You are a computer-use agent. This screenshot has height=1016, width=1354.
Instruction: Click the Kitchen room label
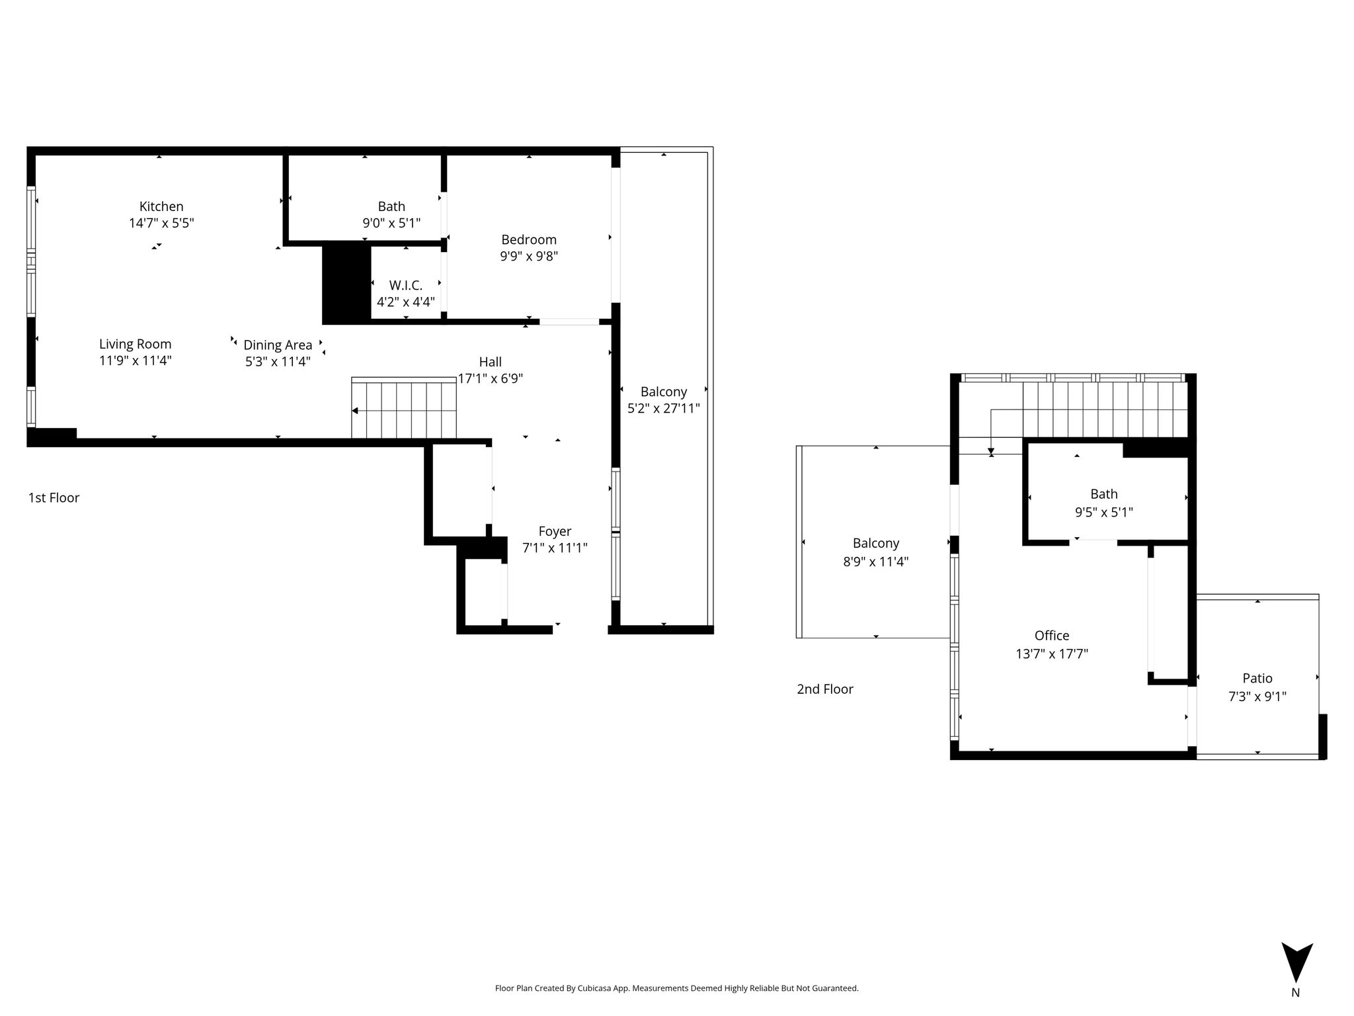[x=161, y=206]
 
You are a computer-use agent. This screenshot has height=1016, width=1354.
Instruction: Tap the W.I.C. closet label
[x=405, y=285]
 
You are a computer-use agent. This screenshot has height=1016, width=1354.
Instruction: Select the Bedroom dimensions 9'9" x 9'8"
[x=529, y=256]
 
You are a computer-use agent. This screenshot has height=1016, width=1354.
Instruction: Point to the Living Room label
[x=135, y=344]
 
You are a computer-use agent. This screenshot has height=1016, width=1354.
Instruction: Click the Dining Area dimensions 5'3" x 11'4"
[x=278, y=361]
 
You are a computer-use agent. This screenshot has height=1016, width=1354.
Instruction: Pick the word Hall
[x=490, y=362]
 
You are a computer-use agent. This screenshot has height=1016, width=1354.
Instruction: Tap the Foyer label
[x=555, y=531]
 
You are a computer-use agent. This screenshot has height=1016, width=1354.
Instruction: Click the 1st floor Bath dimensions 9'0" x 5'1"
[x=391, y=223]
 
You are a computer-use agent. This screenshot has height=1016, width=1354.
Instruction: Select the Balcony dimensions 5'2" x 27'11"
[x=663, y=408]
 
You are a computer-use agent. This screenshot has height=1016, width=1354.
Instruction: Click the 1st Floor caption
[x=54, y=497]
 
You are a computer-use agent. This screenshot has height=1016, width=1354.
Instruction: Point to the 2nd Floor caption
[x=825, y=689]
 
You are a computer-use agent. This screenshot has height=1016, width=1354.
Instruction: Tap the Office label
[x=1052, y=635]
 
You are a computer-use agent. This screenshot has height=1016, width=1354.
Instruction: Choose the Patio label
[x=1257, y=678]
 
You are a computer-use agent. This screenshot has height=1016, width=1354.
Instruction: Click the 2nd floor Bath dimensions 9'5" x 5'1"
[x=1103, y=511]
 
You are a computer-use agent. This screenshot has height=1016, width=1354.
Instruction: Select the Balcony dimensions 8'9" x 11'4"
[x=876, y=562]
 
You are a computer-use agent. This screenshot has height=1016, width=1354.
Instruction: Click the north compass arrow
[x=1296, y=962]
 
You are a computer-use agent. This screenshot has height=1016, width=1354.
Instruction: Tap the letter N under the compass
[x=1296, y=992]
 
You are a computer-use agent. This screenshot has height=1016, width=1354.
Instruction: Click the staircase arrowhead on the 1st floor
[x=355, y=411]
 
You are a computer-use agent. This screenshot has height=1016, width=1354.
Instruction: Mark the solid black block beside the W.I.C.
[x=346, y=284]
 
